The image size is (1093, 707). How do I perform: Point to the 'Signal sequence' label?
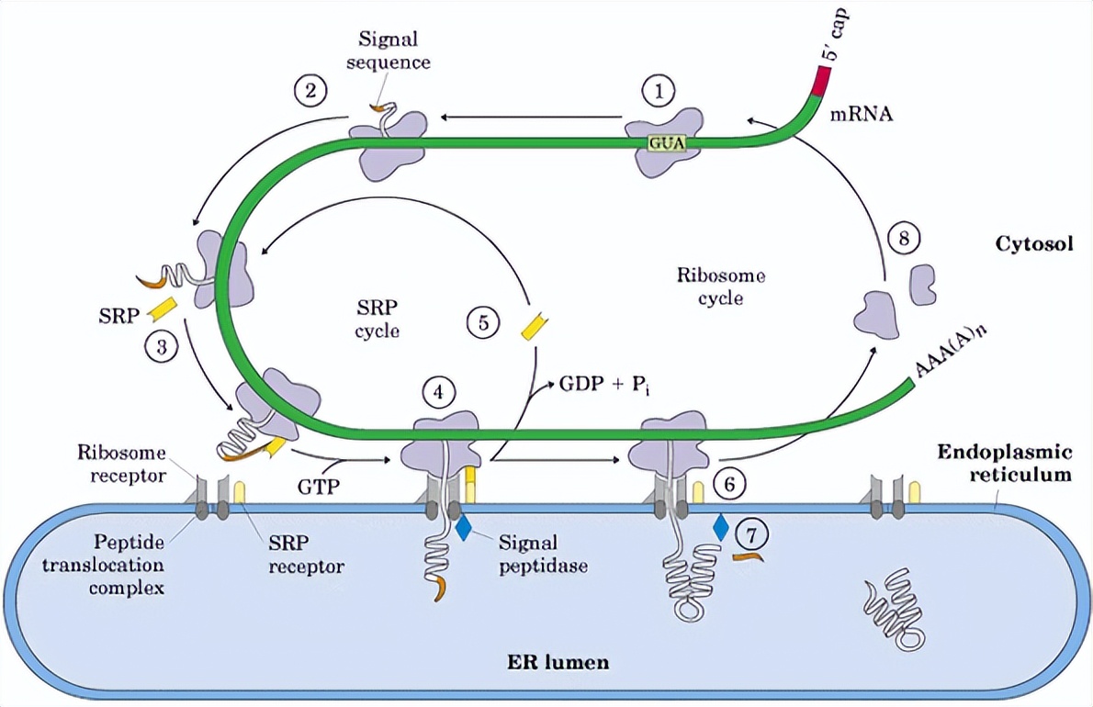[389, 51]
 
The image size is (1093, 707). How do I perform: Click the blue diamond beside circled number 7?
[721, 526]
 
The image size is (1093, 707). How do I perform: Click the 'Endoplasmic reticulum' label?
[1005, 464]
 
